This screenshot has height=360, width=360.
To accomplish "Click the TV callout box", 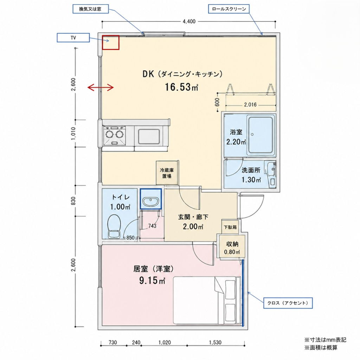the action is (x=73, y=38).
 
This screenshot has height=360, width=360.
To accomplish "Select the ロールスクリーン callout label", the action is (x=229, y=9).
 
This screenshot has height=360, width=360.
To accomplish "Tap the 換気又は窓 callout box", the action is (x=90, y=9).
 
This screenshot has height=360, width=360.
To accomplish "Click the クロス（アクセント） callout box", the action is (x=288, y=303).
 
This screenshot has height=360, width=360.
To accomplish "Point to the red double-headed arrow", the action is (x=101, y=87).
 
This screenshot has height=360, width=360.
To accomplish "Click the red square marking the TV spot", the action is (x=111, y=43).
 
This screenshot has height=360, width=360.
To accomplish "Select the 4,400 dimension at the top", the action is (x=189, y=21).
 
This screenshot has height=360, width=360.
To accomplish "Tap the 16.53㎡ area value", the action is (x=181, y=87).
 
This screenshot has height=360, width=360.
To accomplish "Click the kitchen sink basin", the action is (x=149, y=137).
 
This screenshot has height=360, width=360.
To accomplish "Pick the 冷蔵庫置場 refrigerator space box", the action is (x=167, y=173).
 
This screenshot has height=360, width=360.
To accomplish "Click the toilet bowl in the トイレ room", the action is (x=114, y=226).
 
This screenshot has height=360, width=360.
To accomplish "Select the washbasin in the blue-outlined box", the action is (x=150, y=201).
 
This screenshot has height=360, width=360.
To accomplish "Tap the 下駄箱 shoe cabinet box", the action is (x=230, y=227).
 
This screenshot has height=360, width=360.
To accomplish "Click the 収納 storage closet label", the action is (x=232, y=244).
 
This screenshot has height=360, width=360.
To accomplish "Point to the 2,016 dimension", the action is (x=250, y=105).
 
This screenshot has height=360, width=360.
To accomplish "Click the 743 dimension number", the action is (x=152, y=226).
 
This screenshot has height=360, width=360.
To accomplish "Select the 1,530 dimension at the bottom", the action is (x=215, y=342).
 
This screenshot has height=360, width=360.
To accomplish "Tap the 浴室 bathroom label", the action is (x=236, y=132).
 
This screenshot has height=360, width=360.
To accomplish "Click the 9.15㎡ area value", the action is (x=152, y=280).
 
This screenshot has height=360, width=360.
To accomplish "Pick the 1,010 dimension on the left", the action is (x=73, y=133).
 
